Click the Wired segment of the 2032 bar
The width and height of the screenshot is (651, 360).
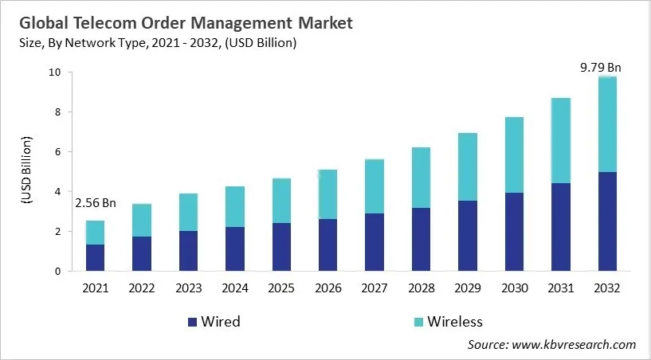click(x=607, y=221)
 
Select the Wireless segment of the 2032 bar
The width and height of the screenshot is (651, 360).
click(x=607, y=124)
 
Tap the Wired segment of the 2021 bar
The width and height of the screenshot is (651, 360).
click(x=95, y=257)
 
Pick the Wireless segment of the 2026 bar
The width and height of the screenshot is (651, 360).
click(x=327, y=194)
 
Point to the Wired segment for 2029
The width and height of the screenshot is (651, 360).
click(x=468, y=236)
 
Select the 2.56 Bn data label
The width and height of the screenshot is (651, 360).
click(x=95, y=203)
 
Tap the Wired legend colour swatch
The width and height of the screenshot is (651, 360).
click(x=192, y=322)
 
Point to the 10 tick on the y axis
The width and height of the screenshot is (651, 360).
click(x=54, y=72)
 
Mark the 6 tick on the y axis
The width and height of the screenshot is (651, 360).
click(x=57, y=152)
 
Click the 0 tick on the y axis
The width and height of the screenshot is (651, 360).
click(x=57, y=272)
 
